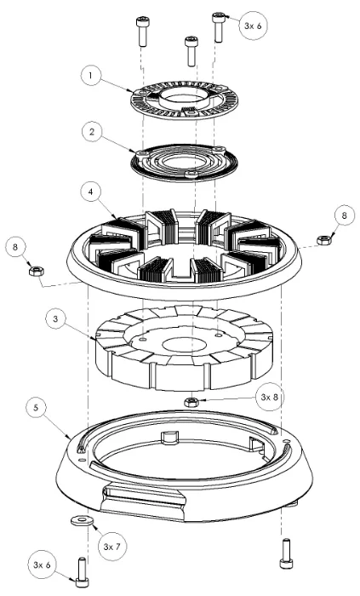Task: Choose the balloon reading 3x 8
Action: (269, 395)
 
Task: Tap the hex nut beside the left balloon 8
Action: (37, 272)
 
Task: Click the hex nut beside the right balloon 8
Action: (323, 240)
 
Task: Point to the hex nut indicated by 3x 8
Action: (192, 401)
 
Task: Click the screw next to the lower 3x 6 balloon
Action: (82, 570)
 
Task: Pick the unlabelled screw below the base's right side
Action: (284, 553)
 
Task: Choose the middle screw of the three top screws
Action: (191, 49)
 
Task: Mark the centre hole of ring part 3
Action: (181, 344)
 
